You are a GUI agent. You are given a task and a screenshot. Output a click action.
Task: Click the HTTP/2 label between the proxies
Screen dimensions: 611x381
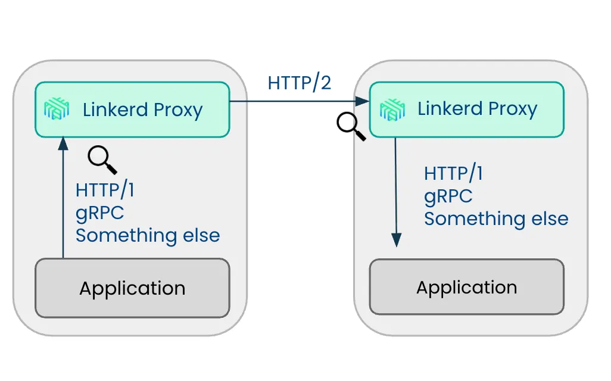coord(300,83)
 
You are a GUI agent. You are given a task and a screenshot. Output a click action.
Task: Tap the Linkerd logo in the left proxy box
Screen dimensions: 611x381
coord(57,109)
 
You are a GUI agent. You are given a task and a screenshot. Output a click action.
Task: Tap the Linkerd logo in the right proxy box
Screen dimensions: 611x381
coord(392,110)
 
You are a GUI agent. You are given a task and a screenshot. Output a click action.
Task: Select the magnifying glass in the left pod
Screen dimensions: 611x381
coord(102,160)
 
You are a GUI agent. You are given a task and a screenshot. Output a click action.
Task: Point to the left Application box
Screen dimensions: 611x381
coord(132,288)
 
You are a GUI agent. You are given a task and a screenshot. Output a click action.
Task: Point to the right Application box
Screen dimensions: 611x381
coord(467,287)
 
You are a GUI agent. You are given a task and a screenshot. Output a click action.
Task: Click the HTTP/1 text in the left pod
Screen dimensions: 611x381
coord(105,190)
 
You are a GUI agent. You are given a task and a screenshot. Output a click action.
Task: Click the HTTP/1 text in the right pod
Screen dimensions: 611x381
coord(453,173)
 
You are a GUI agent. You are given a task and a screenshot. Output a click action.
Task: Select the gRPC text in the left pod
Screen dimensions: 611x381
coord(100,213)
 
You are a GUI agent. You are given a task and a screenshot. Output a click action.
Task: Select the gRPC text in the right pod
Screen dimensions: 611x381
coord(448,196)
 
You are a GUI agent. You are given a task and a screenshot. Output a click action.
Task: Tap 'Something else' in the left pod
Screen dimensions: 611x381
coord(148,235)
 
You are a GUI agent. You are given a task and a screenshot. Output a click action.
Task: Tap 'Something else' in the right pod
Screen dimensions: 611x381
coord(496,218)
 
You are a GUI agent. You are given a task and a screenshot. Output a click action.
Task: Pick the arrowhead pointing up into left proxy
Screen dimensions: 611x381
coord(63,143)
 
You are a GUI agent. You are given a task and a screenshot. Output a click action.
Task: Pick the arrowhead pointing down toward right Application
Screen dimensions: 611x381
coord(396,240)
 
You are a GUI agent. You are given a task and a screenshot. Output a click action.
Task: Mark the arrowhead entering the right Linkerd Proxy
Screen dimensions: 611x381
coord(363,101)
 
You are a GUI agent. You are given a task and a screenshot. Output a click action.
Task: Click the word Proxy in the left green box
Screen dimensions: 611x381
coord(178,110)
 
